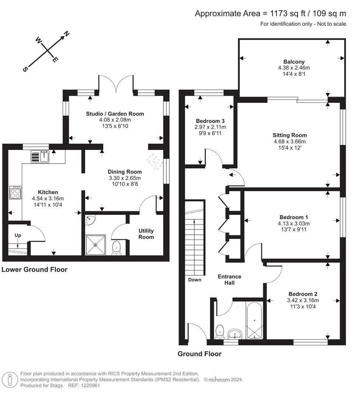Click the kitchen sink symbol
(39, 157)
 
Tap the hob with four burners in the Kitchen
(15, 192)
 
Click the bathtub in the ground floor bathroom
(254, 320)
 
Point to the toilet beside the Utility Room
(116, 248)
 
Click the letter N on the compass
(66, 34)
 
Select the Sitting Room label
(290, 135)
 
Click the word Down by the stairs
(194, 280)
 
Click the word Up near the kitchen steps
(18, 235)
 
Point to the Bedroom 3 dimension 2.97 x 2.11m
(210, 127)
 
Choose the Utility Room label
(146, 234)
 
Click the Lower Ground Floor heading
(34, 269)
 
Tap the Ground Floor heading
(200, 354)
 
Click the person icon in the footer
(10, 380)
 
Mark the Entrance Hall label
(229, 279)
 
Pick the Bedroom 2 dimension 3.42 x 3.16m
(303, 300)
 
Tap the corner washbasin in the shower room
(90, 220)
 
